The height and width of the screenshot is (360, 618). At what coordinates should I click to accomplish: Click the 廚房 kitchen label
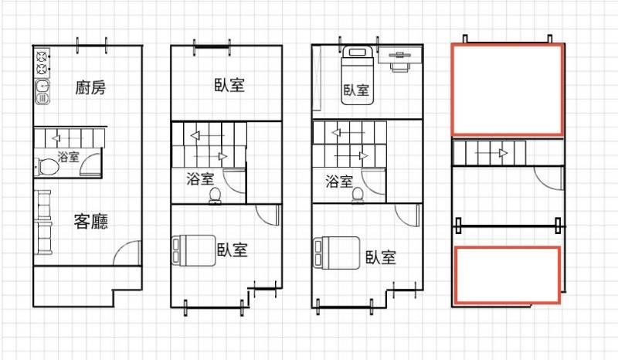click(90, 87)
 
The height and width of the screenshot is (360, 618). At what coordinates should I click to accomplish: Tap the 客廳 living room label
click(90, 221)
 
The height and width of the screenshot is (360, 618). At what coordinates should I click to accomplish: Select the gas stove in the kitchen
click(42, 63)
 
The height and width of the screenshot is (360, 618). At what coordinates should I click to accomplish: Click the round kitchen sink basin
click(42, 85)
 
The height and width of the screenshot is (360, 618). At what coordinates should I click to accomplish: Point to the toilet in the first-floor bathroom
click(47, 167)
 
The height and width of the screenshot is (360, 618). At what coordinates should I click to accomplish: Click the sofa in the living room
click(43, 222)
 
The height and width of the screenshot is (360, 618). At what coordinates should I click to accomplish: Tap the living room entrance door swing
click(127, 253)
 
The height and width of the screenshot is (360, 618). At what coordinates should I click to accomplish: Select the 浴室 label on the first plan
click(69, 157)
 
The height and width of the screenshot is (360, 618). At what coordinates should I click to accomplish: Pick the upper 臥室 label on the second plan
click(229, 85)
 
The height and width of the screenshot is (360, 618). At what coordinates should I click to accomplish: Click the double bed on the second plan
click(194, 250)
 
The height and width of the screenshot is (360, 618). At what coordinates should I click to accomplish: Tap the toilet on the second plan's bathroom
click(215, 195)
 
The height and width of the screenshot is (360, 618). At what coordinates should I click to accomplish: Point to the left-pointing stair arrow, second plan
click(207, 136)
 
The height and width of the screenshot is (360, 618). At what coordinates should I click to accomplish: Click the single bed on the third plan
click(357, 76)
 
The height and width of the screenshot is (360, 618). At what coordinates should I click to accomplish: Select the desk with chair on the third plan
click(399, 59)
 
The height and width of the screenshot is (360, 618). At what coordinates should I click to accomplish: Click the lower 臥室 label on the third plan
click(380, 257)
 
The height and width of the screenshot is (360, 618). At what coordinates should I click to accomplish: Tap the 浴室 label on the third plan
click(339, 182)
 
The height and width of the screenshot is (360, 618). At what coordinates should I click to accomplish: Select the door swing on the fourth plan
click(548, 178)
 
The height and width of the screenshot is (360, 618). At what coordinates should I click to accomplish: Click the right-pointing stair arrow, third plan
click(351, 156)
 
